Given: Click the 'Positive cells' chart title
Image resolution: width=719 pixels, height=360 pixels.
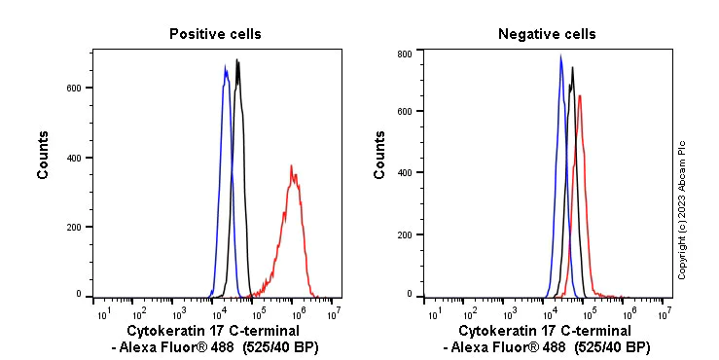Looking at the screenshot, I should [x=215, y=34].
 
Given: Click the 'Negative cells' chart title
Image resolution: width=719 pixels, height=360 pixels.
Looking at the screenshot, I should [x=547, y=34].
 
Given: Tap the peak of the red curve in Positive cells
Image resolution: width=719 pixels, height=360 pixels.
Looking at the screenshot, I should [x=291, y=166].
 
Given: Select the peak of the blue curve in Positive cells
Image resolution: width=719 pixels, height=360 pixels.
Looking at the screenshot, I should [x=226, y=67].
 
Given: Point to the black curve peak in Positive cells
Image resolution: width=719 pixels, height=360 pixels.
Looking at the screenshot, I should [x=236, y=60].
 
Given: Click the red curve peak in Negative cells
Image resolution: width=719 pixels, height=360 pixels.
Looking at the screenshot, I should [x=580, y=95].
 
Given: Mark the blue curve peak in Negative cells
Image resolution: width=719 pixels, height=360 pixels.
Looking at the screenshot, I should [x=560, y=56].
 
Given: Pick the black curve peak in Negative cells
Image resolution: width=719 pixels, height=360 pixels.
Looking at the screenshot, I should [x=573, y=67].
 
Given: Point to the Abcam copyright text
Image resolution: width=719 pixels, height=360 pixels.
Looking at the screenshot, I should [x=682, y=209].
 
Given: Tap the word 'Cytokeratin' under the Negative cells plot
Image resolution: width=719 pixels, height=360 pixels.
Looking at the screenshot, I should [x=493, y=332].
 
